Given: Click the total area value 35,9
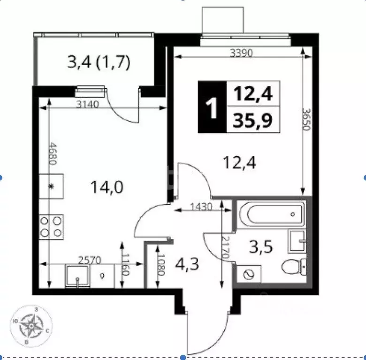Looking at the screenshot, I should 253,121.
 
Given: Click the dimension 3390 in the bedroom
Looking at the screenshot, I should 241,53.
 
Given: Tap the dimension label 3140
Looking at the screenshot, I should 87,105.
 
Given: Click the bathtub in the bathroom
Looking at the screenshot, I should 270,215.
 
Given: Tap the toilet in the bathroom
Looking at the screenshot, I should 295,267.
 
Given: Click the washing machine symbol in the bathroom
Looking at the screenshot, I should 248,274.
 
